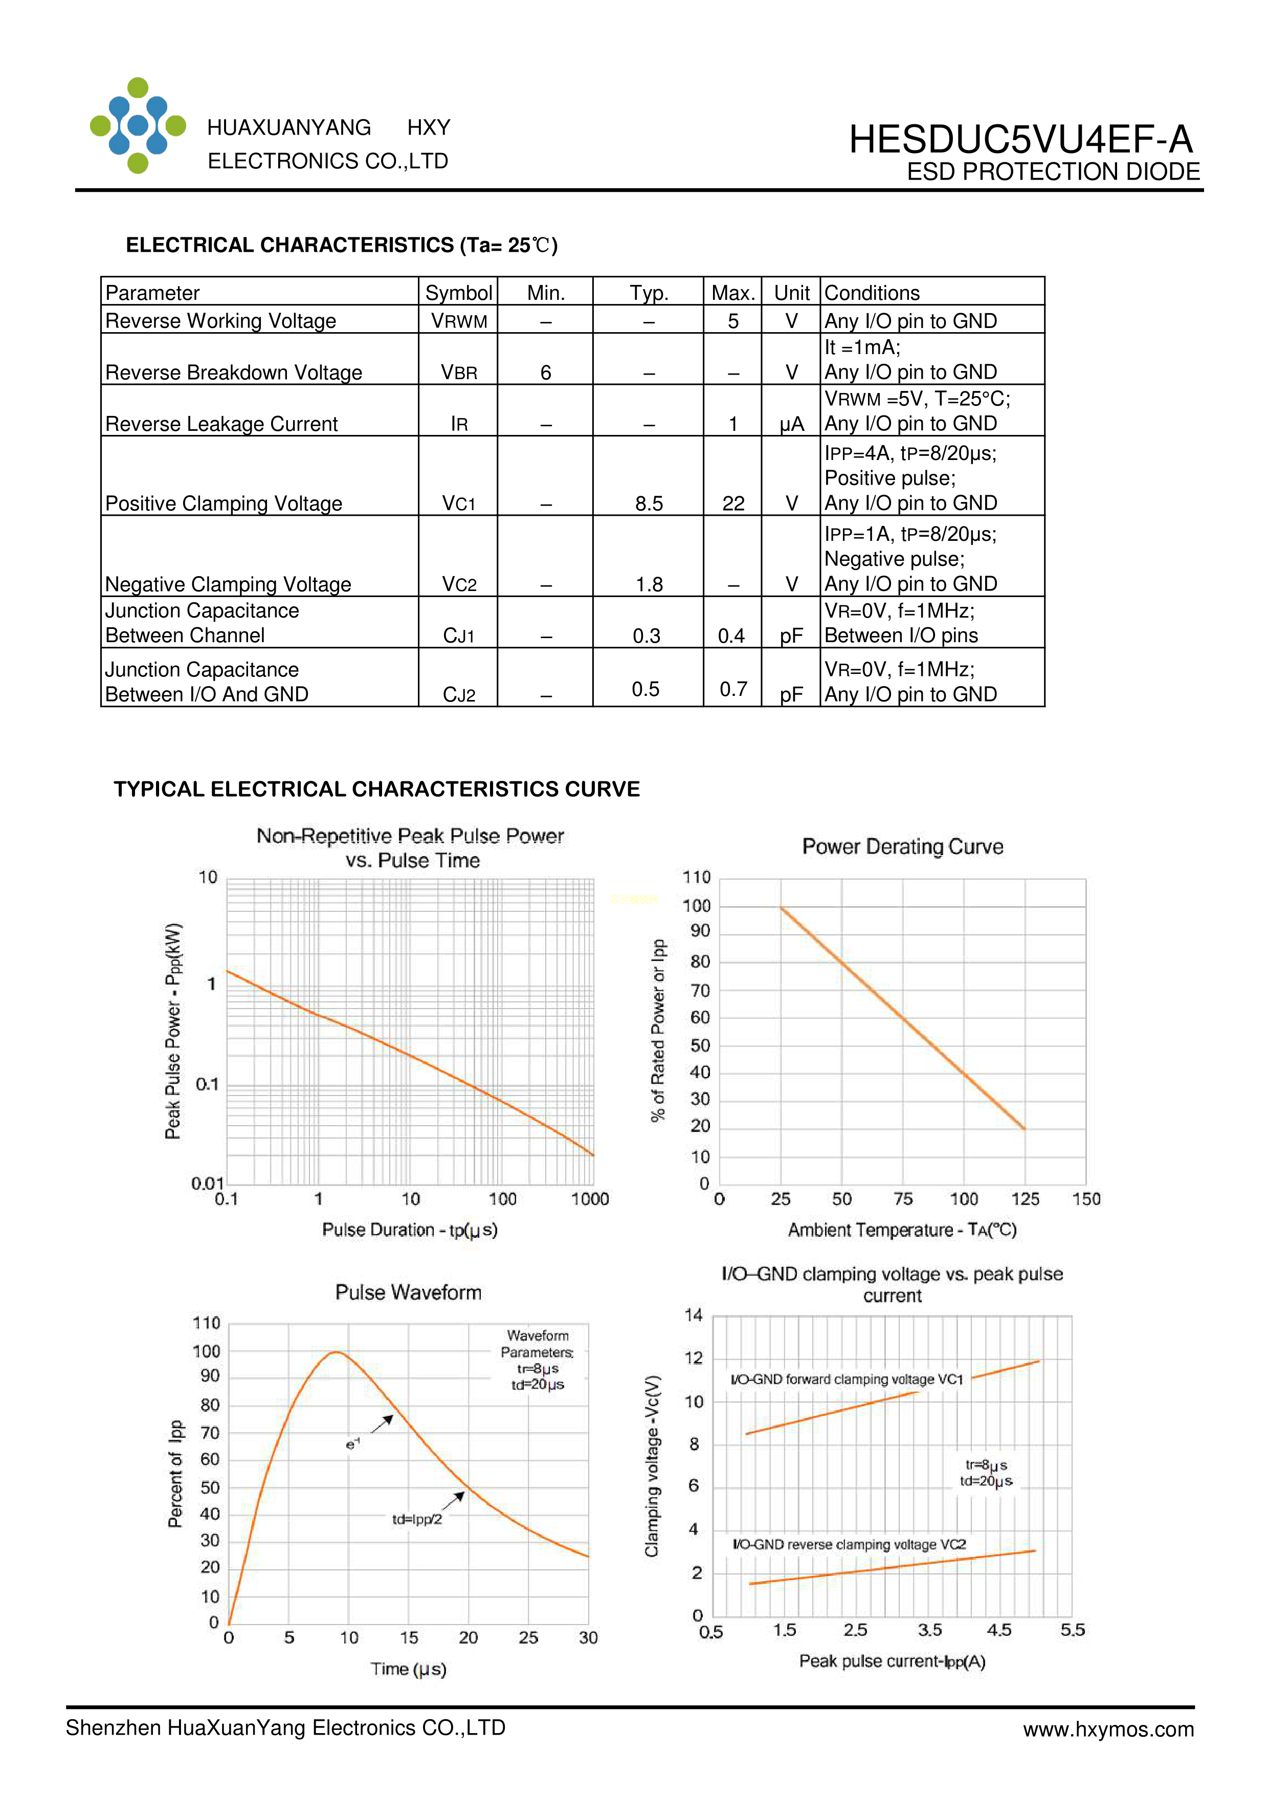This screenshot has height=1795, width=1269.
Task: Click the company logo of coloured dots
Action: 138,125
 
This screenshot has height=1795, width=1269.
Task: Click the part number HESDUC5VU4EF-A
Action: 1020,140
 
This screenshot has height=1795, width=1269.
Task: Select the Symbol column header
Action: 459,292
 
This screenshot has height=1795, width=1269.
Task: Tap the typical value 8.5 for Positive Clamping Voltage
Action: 649,504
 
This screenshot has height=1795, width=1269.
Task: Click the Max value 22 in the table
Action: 733,504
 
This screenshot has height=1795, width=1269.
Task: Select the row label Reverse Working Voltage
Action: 221,320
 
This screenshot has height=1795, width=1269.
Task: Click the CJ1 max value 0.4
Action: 731,636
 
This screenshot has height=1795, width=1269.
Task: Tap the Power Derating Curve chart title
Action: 903,847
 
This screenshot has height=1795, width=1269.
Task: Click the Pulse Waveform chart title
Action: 408,1293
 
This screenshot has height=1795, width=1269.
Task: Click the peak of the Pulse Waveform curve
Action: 336,1352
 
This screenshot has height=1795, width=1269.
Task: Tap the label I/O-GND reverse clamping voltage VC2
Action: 849,1544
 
